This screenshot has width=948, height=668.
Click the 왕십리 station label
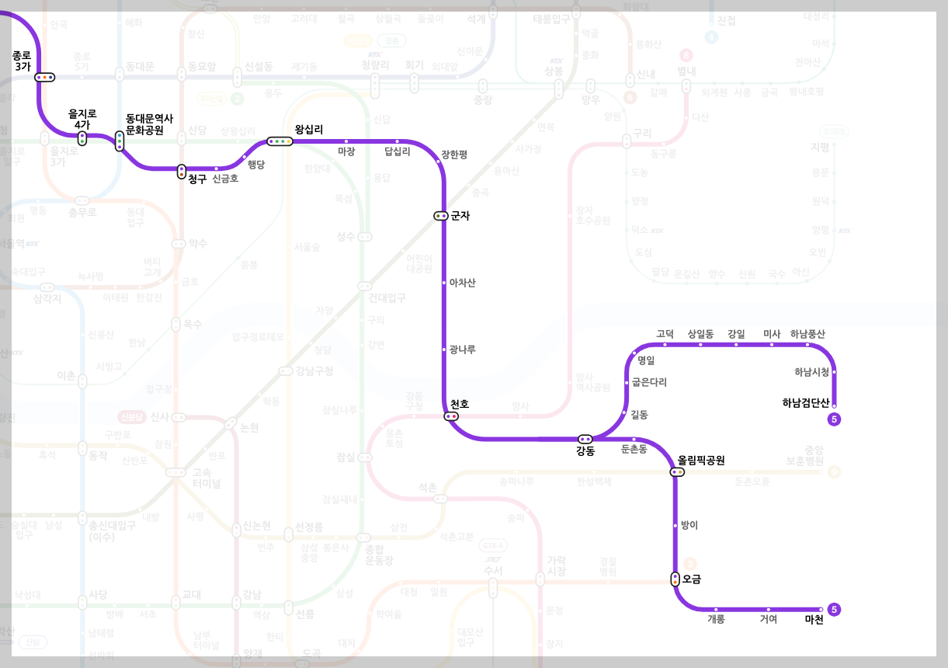[x=309, y=129]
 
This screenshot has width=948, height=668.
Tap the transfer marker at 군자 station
[x=441, y=216]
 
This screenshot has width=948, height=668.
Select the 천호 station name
[x=460, y=405]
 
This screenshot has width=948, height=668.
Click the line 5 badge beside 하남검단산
[x=835, y=419]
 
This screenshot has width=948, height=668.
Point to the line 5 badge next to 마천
[x=835, y=610]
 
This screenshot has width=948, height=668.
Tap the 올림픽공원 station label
[x=701, y=460]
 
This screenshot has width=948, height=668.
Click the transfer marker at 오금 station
[x=675, y=579]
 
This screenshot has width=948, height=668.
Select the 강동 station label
[x=585, y=451]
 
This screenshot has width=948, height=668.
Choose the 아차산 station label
[x=462, y=283]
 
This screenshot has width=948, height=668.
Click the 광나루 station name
[x=462, y=350]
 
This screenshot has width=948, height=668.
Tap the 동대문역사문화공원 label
[x=149, y=124]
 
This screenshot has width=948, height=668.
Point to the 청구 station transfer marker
[x=182, y=172]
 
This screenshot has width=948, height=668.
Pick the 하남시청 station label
[x=811, y=372]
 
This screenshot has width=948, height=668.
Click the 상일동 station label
[x=700, y=334]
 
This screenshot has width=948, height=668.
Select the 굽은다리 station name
[x=649, y=382]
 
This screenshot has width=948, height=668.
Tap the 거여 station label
[x=768, y=619]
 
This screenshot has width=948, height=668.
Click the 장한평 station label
[x=454, y=154]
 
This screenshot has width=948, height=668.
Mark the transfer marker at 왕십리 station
[x=280, y=141]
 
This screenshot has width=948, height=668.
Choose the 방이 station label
[x=689, y=525]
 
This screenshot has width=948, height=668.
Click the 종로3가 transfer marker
[x=45, y=77]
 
